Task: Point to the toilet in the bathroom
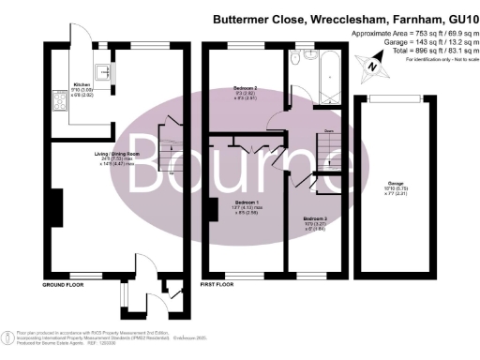tap(298, 58)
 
